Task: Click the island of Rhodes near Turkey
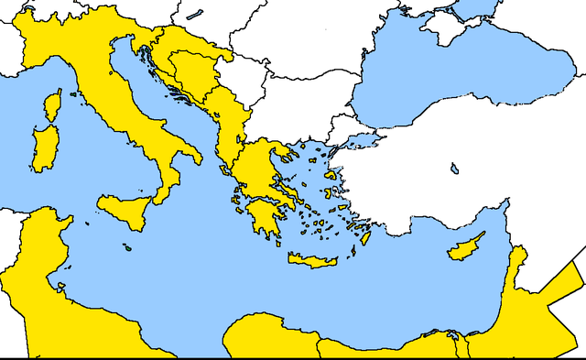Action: coord(364,237)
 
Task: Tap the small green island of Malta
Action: coord(129,245)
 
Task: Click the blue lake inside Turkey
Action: coord(453,169)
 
